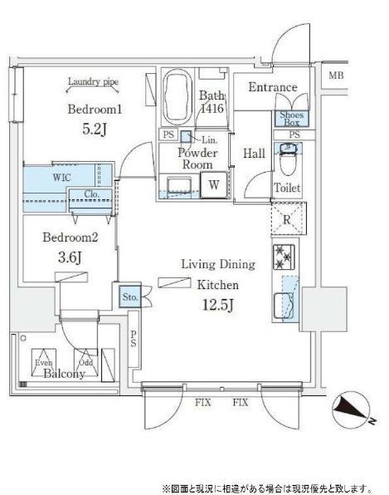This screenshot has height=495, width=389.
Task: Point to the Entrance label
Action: pyautogui.click(x=273, y=88)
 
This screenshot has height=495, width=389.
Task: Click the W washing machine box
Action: pyautogui.click(x=213, y=184)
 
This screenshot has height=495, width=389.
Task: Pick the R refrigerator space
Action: pyautogui.click(x=285, y=221)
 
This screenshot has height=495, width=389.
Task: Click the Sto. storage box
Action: pyautogui.click(x=129, y=297)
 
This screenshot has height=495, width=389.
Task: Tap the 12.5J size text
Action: pyautogui.click(x=217, y=304)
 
